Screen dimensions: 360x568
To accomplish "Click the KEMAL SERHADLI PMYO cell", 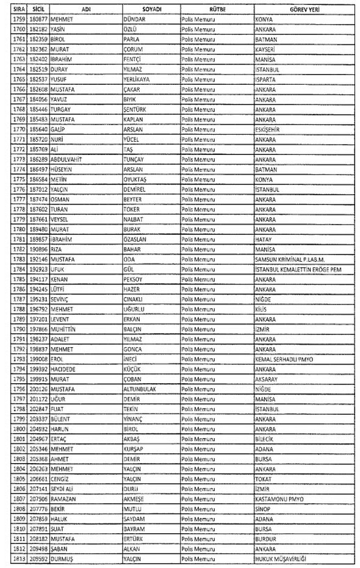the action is point(285,358).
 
